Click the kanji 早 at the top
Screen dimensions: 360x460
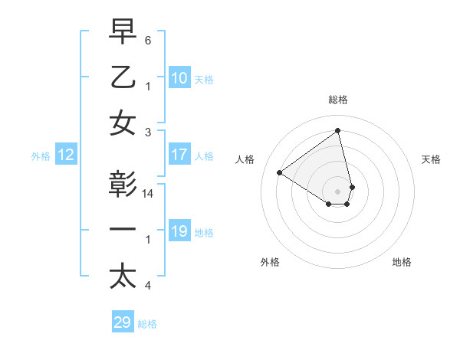123,32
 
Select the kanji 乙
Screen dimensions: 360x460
123,77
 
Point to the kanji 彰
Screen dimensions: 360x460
123,186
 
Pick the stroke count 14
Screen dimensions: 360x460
149,195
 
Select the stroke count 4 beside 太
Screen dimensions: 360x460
148,286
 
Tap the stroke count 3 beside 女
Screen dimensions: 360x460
148,131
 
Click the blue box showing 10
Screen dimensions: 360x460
179,77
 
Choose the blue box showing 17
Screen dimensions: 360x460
179,155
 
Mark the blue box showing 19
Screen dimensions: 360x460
179,231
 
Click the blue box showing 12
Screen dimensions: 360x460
65,155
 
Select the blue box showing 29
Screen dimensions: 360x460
123,322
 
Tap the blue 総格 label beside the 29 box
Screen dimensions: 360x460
147,324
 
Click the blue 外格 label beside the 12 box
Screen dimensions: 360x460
40,156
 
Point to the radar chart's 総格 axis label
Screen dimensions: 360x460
338,100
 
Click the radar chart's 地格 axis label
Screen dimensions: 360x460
402,262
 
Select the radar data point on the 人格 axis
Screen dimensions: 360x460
280,172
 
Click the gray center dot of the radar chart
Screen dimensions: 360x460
338,191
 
